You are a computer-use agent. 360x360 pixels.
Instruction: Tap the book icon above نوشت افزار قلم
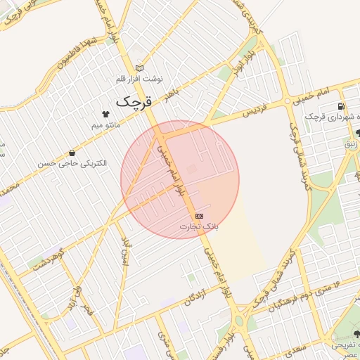(x=139, y=68)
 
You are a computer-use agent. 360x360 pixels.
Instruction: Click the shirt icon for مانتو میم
(x=106, y=114)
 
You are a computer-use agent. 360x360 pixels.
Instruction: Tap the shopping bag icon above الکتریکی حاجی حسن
(x=72, y=153)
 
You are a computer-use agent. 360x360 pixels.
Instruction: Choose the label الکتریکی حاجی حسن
(x=73, y=163)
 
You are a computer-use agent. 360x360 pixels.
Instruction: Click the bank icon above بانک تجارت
(x=200, y=215)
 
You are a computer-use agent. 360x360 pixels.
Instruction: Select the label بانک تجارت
(x=200, y=226)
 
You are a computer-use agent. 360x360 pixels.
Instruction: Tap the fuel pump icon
(x=340, y=106)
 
